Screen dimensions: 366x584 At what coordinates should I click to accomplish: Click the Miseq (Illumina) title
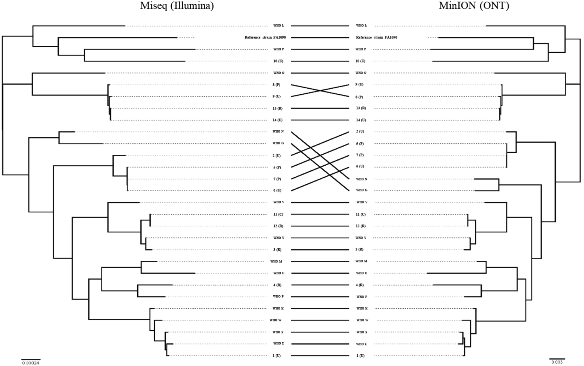click(x=177, y=6)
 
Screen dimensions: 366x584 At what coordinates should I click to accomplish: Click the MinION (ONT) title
click(x=474, y=6)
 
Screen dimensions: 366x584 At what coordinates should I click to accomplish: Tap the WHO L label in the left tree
click(x=278, y=26)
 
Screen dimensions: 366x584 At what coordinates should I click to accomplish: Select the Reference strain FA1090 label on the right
click(x=376, y=37)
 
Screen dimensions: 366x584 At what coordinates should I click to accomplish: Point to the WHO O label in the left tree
click(x=278, y=73)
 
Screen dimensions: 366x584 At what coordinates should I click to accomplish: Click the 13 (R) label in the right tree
click(x=361, y=108)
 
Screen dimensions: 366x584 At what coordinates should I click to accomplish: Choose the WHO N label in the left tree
click(x=278, y=131)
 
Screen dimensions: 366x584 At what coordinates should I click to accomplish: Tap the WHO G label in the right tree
click(x=361, y=190)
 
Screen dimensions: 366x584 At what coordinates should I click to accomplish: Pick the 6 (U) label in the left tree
click(x=277, y=190)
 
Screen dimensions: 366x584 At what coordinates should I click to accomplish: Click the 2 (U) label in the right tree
click(x=360, y=131)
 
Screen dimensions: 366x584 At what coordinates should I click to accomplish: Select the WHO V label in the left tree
click(x=278, y=202)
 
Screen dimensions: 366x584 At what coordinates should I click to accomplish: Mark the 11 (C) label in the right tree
click(x=361, y=214)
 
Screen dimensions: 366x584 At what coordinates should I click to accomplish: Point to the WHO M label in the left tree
click(x=276, y=261)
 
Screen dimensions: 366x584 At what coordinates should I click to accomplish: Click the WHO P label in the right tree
click(x=361, y=297)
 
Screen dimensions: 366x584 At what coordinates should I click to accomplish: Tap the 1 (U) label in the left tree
click(x=277, y=355)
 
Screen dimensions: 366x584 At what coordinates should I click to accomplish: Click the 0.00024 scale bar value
click(x=30, y=362)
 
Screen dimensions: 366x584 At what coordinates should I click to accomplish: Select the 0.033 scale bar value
click(x=557, y=362)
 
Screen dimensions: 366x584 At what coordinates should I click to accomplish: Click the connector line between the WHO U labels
click(x=320, y=273)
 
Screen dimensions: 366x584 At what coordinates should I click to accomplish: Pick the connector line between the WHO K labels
click(x=320, y=309)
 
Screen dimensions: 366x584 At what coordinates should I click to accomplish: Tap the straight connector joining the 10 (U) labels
click(x=320, y=61)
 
